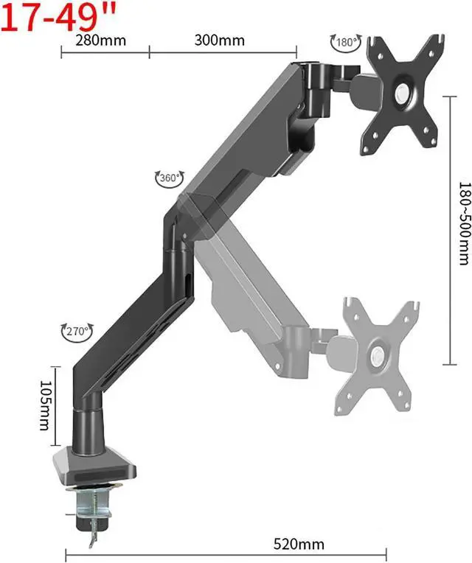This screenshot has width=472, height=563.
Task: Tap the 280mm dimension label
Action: tap(100, 41)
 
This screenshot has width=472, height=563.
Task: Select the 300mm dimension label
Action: tap(220, 41)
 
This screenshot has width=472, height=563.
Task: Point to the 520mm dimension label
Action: tap(299, 544)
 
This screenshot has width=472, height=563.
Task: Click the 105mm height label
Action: tap(45, 405)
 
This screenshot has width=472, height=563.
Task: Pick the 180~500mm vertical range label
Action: tap(465, 224)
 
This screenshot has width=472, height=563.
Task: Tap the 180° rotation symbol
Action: tap(346, 42)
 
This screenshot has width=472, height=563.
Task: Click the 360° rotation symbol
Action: tap(170, 178)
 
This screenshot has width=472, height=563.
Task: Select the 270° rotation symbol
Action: tap(77, 331)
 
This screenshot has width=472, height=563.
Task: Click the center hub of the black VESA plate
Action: tap(403, 94)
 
